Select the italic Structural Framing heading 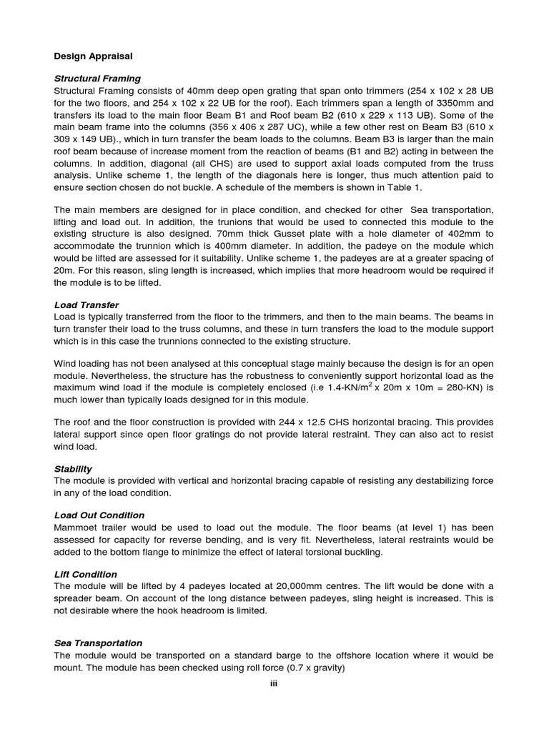(x=97, y=79)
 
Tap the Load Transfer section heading (x=86, y=305)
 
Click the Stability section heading (x=73, y=469)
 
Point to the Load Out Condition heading (x=99, y=515)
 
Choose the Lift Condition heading (x=86, y=574)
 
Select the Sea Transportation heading (x=98, y=643)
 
